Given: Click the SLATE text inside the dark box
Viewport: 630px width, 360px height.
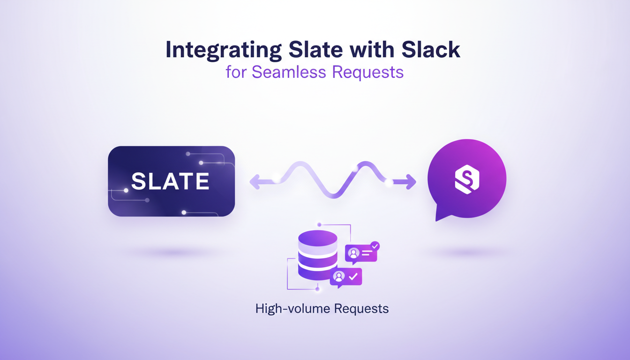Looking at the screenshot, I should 170,181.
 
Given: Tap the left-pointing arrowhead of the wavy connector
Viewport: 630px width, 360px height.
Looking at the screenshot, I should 255,181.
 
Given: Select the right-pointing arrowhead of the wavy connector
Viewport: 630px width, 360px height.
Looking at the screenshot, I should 411,181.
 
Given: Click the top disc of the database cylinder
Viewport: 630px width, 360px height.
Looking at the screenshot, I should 318,238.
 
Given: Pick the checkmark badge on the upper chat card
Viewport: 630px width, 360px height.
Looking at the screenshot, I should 375,246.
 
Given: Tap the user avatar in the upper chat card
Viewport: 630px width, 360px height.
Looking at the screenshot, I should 354,254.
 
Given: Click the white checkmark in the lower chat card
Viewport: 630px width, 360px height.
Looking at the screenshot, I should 353,277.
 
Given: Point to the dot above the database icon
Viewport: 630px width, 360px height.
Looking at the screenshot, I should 319,225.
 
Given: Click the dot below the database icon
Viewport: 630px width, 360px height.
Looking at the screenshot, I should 317,290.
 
